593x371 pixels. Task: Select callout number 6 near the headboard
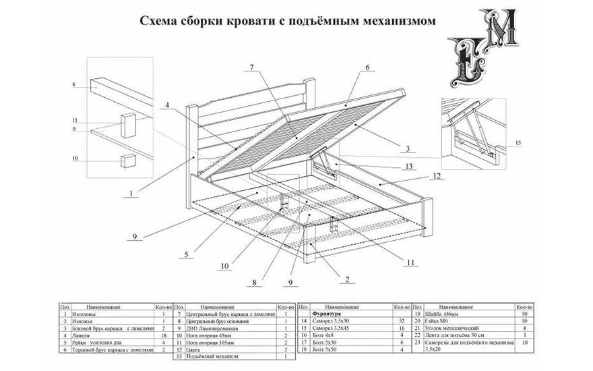[368, 68]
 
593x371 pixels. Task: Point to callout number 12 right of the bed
[436, 176]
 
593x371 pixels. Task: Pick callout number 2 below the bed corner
[346, 278]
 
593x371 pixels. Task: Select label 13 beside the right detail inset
[517, 144]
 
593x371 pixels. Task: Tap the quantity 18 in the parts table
[163, 335]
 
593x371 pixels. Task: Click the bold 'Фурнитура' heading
[327, 314]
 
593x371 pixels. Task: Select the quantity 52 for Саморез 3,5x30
[402, 321]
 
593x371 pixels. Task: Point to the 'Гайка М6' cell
[437, 321]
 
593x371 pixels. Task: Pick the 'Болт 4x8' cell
[323, 335]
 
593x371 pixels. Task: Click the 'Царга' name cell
[193, 349]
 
